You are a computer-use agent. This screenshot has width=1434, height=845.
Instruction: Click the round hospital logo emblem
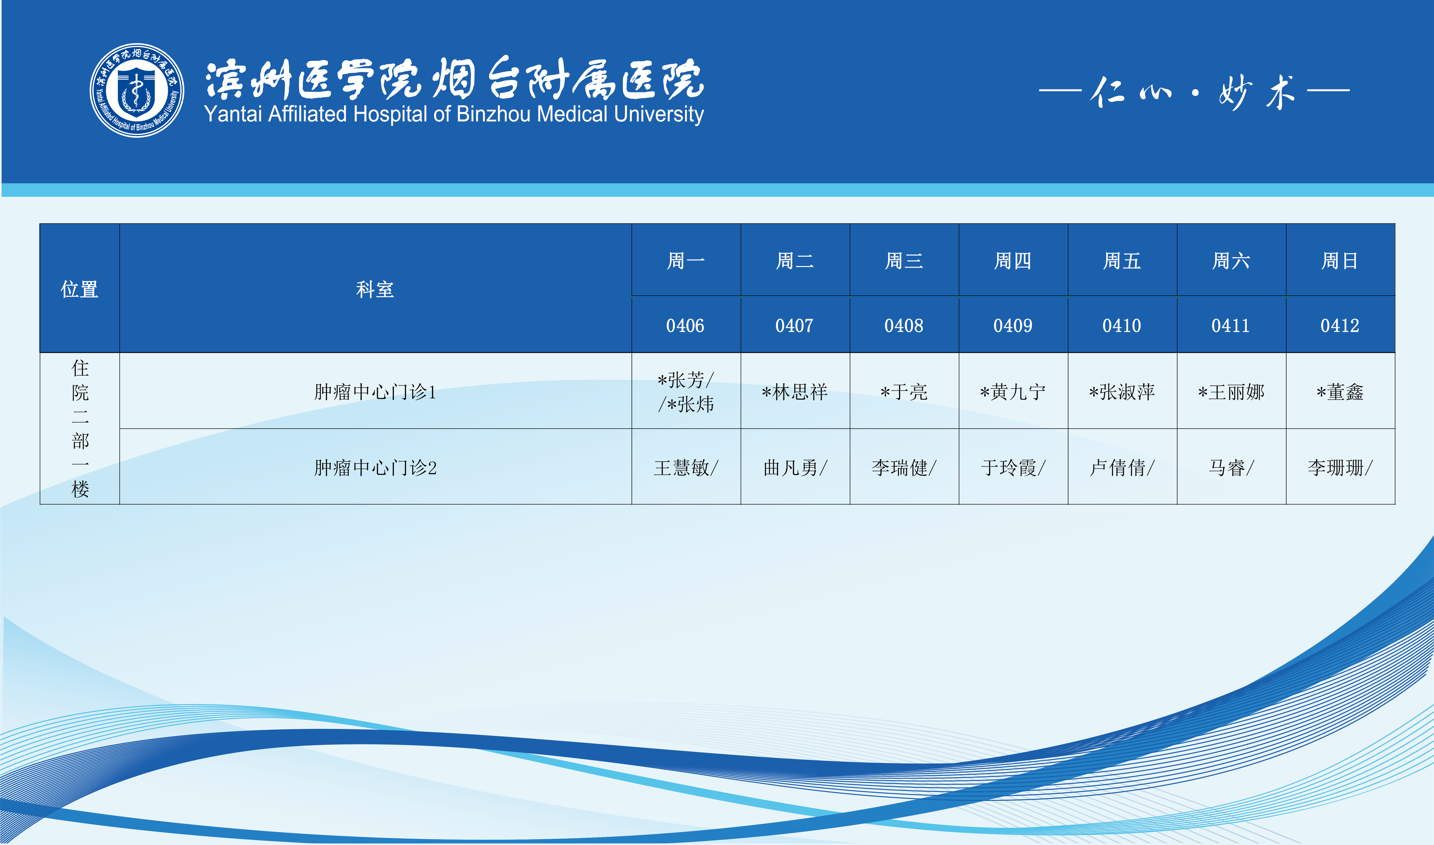[x=137, y=90]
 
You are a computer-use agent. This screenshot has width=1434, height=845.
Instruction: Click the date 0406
[x=685, y=326]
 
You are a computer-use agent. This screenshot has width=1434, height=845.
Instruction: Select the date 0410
[x=1122, y=326]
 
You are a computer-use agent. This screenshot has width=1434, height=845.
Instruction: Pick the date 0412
[x=1340, y=326]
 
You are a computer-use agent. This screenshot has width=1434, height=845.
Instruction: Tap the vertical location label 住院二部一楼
[x=80, y=428]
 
